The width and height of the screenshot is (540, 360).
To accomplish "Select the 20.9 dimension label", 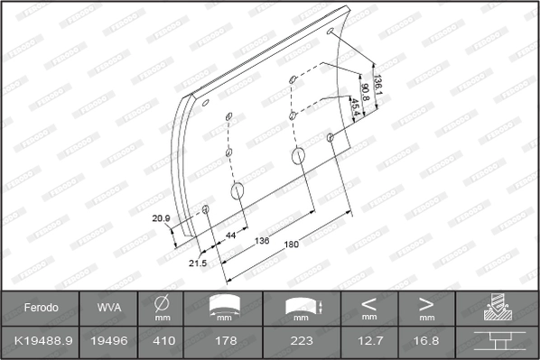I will (x=162, y=217).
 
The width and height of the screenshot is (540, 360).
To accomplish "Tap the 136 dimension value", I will (x=262, y=240).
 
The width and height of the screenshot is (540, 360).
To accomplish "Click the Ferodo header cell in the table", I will (x=41, y=308).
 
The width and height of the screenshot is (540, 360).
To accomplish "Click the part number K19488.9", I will (x=41, y=342).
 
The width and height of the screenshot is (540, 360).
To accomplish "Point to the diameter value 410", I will (x=163, y=342).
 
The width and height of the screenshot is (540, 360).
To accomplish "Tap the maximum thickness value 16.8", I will (x=427, y=342).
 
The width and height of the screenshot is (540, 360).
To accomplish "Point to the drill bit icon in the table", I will (x=498, y=308).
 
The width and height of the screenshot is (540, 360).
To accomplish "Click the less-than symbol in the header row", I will (x=369, y=302).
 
